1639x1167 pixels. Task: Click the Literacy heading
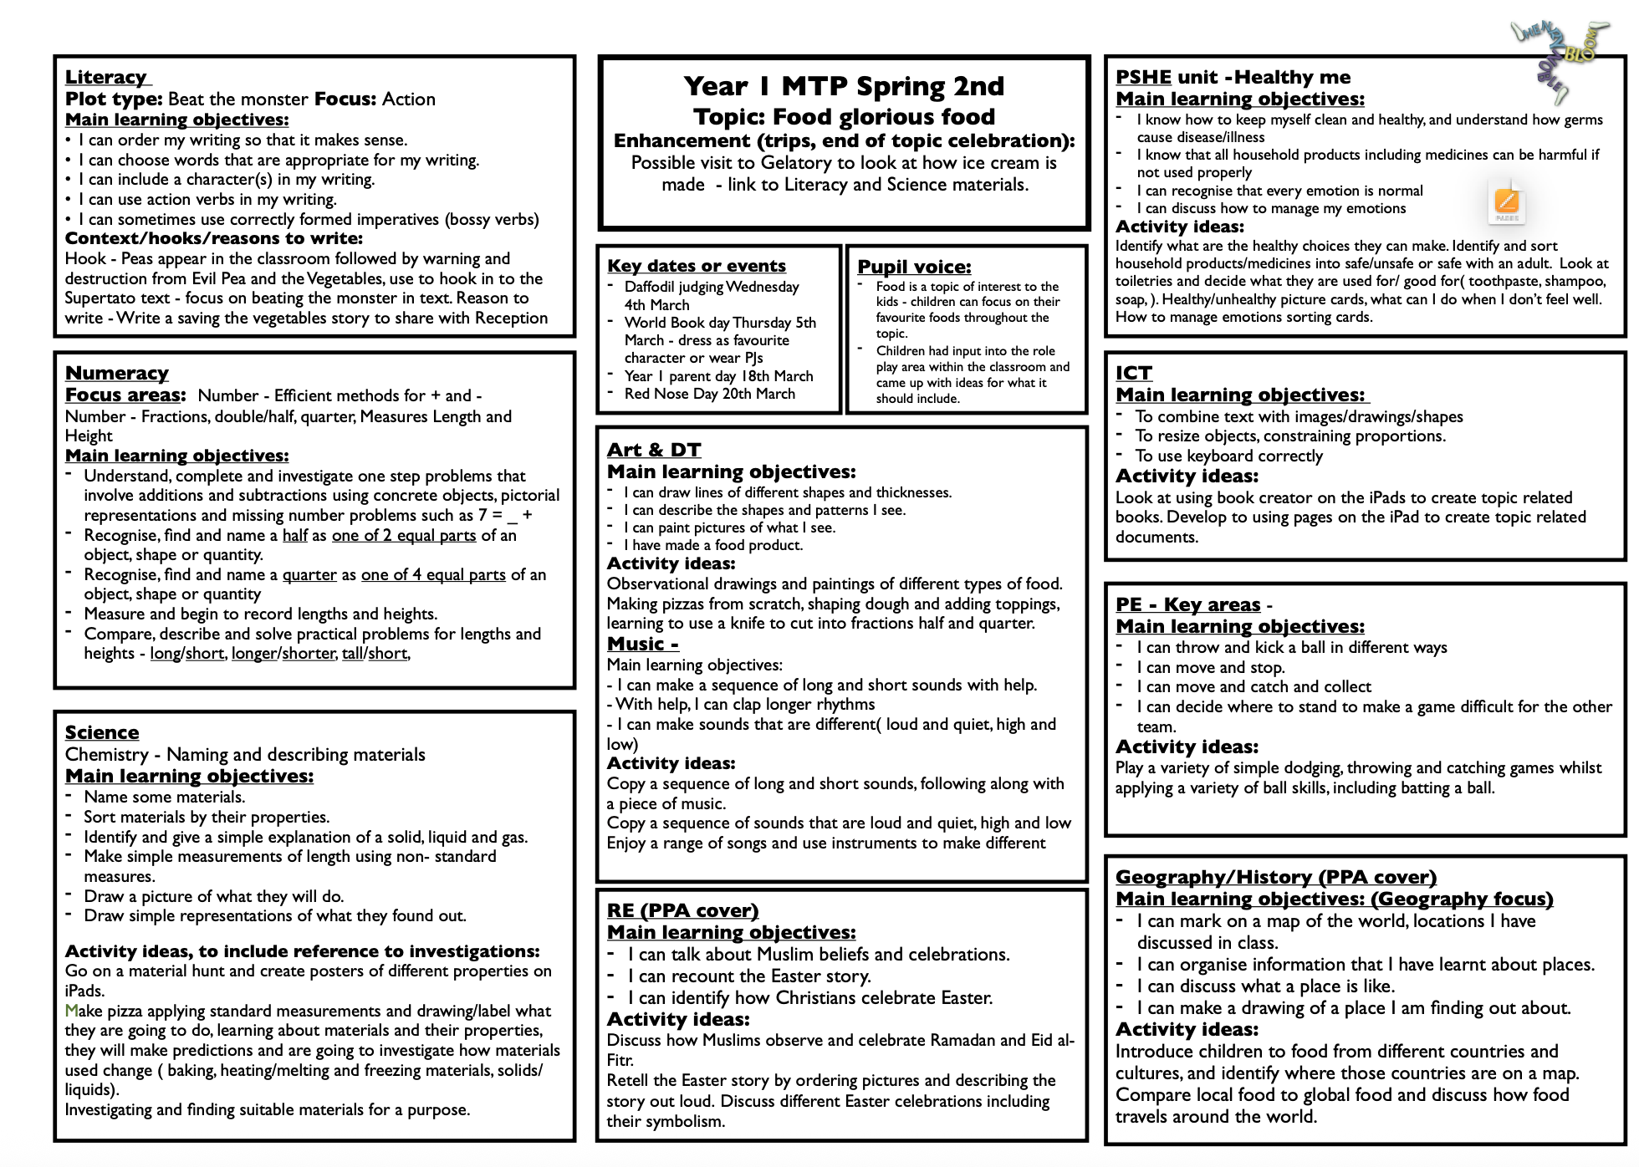click(x=106, y=77)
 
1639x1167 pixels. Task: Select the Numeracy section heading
click(x=116, y=373)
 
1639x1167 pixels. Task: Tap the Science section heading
click(x=102, y=732)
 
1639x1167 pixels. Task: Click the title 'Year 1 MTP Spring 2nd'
click(x=844, y=86)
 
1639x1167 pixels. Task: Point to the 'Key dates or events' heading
click(x=697, y=266)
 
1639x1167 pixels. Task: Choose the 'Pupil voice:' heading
click(x=914, y=267)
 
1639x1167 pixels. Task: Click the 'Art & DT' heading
click(x=654, y=450)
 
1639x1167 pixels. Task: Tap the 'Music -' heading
click(x=642, y=644)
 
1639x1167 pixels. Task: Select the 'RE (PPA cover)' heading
click(x=682, y=910)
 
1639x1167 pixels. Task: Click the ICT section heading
click(x=1134, y=373)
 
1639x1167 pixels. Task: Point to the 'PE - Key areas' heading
click(x=1187, y=604)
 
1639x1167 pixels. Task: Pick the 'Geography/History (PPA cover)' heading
click(x=1275, y=877)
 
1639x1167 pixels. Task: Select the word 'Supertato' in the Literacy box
click(x=100, y=298)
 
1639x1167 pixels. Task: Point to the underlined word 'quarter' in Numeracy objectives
click(x=309, y=575)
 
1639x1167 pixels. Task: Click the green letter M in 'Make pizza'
click(x=71, y=1012)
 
